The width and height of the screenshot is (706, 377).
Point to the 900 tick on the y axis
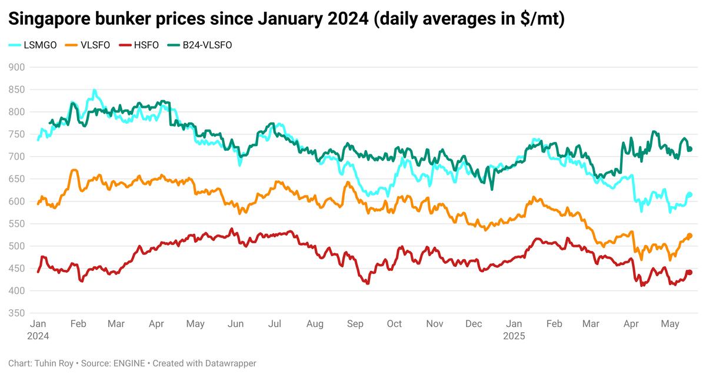(16, 67)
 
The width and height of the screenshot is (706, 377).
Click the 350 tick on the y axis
(16, 313)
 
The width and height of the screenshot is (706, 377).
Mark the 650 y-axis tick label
(16, 179)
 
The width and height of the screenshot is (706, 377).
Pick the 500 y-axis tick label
(16, 246)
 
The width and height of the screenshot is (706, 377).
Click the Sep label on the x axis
(355, 324)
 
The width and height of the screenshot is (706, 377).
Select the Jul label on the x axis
(274, 324)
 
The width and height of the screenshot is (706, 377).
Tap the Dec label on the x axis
(474, 324)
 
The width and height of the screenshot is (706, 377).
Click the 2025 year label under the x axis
(514, 336)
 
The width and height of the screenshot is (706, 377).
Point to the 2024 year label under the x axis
(38, 336)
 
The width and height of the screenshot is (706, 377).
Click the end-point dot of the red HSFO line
(690, 272)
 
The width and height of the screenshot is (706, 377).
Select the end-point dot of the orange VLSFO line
(690, 236)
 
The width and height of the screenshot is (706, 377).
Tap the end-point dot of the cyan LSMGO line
(690, 195)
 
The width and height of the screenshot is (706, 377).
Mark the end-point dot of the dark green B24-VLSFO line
(690, 149)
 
